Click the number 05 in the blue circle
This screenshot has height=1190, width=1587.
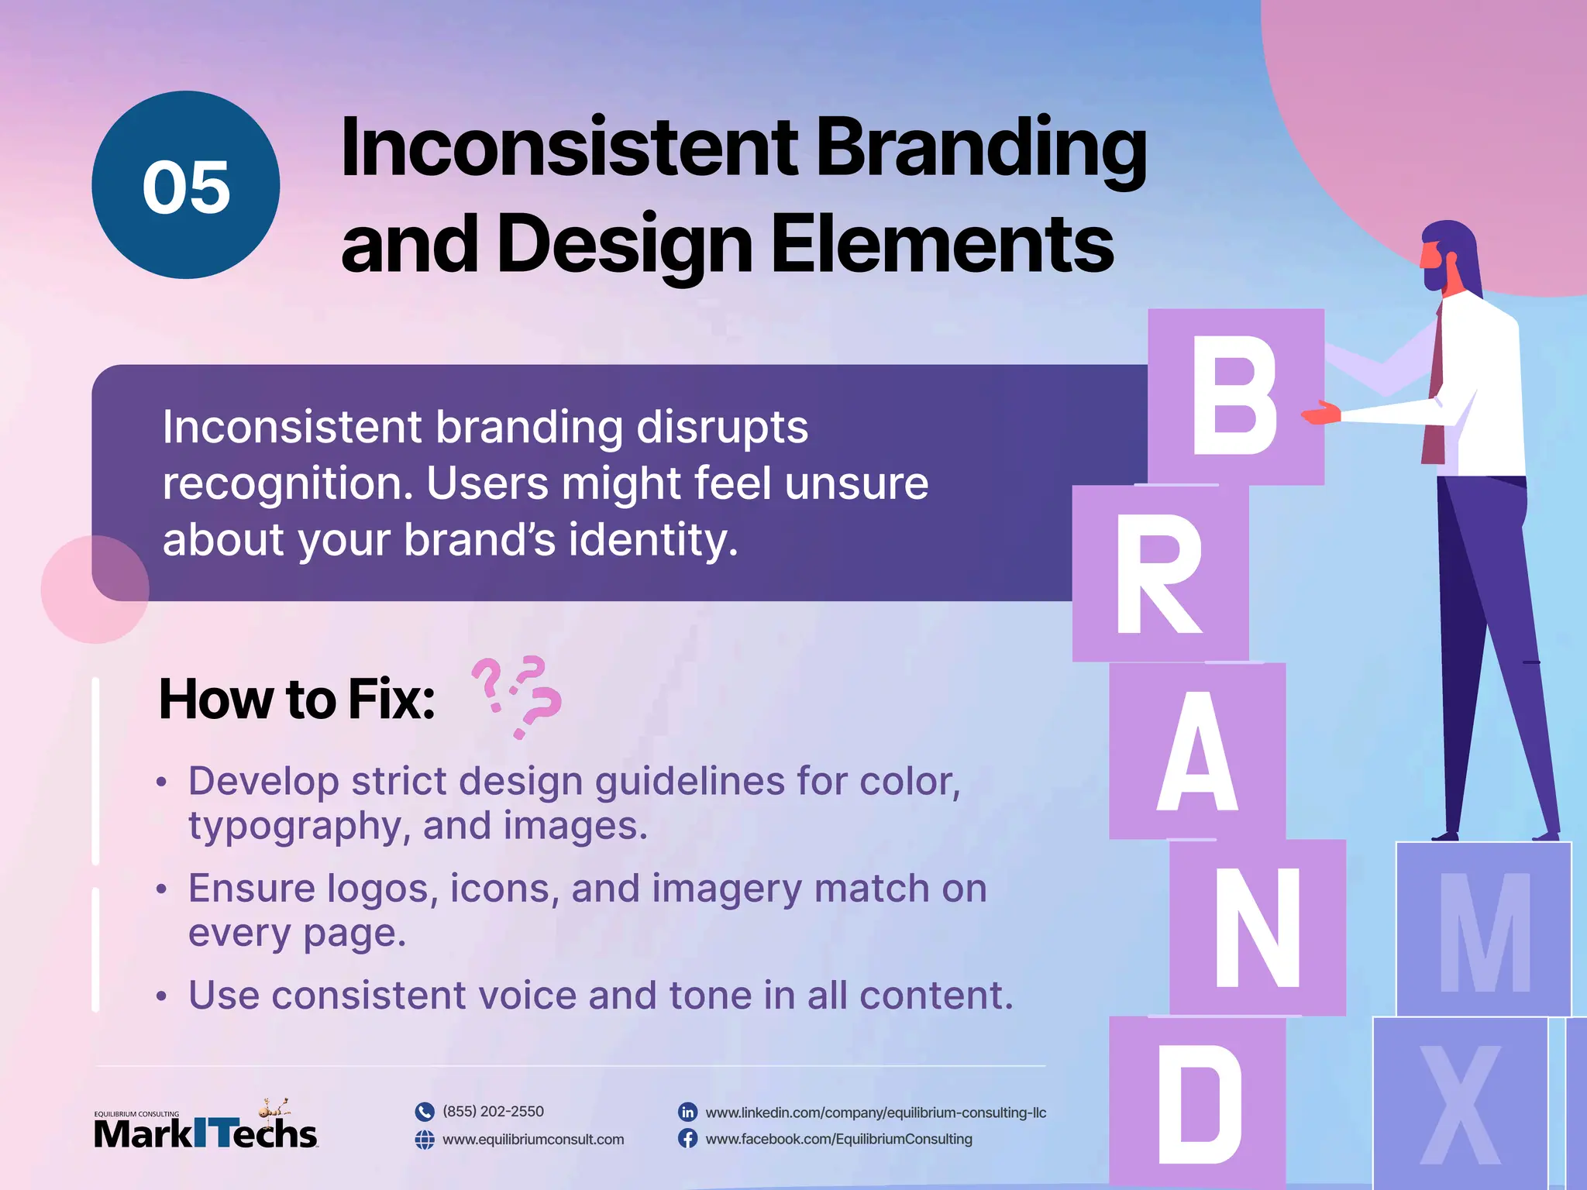tap(186, 187)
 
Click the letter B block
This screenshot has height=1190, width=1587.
tap(1235, 397)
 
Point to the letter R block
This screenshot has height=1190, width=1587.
tap(1159, 573)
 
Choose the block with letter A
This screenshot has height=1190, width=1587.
tap(1197, 750)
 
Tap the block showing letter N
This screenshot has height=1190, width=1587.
tap(1257, 927)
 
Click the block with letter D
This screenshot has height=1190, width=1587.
tap(1197, 1103)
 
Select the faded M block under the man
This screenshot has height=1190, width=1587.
tap(1483, 930)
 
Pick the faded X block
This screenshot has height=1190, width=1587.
tap(1460, 1105)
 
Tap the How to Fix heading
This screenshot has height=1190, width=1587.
tap(297, 700)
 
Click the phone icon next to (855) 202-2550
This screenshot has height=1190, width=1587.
tap(425, 1112)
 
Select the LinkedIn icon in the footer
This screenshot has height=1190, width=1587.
tap(687, 1112)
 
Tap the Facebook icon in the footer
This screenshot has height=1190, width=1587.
tap(687, 1139)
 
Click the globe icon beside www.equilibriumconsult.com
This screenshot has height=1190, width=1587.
tap(425, 1140)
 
